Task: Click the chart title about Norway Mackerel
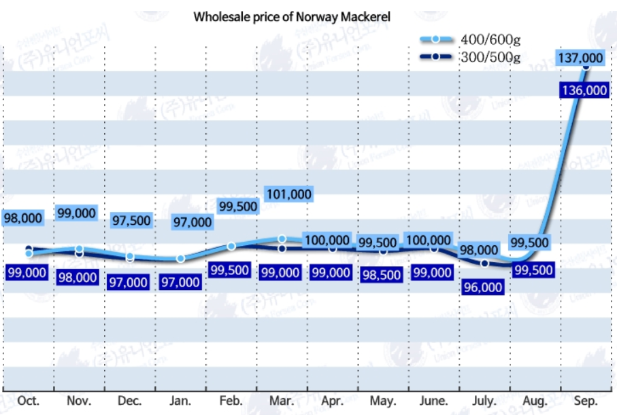[x=292, y=17]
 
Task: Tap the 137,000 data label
[x=580, y=58]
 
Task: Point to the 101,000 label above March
[x=288, y=195]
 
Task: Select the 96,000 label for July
[x=482, y=287]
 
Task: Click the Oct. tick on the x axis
[x=29, y=401]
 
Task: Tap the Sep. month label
[x=586, y=401]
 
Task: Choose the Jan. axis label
[x=181, y=401]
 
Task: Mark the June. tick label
[x=434, y=401]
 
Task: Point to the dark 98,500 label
[x=382, y=272]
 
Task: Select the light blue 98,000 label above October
[x=22, y=218]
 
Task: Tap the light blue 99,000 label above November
[x=76, y=213]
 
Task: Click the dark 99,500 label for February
[x=230, y=270]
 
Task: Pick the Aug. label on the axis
[x=535, y=401]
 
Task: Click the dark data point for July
[x=484, y=263]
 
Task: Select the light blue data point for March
[x=282, y=238]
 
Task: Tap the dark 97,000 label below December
[x=127, y=282]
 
